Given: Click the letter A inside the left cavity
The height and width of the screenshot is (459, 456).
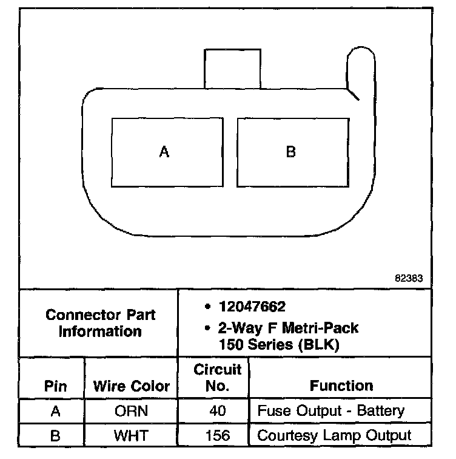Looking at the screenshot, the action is coord(164,152).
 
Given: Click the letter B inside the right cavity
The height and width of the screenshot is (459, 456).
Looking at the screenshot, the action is coord(291,152).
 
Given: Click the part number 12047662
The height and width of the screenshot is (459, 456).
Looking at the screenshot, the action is coord(251,307).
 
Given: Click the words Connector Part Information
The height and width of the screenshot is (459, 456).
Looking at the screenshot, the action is coord(101,324).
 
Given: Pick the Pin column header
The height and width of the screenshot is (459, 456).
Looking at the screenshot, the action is coord(55,386).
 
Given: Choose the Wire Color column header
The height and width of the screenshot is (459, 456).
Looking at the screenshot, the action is coord(132,386).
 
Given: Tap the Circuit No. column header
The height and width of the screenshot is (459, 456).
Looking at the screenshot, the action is coord(216,378).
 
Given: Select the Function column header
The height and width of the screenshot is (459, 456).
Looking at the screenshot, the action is coord(341,386).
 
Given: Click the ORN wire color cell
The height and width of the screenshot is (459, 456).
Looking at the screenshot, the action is coord(131,412).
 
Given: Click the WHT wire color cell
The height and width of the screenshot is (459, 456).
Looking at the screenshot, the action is coord(131,435).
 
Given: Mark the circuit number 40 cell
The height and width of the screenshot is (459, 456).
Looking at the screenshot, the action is coord(216,412).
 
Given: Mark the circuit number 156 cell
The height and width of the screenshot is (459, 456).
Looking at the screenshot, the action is coord(216,435).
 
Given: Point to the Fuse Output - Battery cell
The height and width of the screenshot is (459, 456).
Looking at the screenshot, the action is coord(331,411).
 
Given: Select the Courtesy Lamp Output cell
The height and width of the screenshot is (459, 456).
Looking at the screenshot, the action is coord(334,435).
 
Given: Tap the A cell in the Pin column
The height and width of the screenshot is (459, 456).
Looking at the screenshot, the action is coord(55,412).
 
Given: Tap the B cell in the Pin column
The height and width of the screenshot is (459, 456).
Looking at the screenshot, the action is coord(55,435).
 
